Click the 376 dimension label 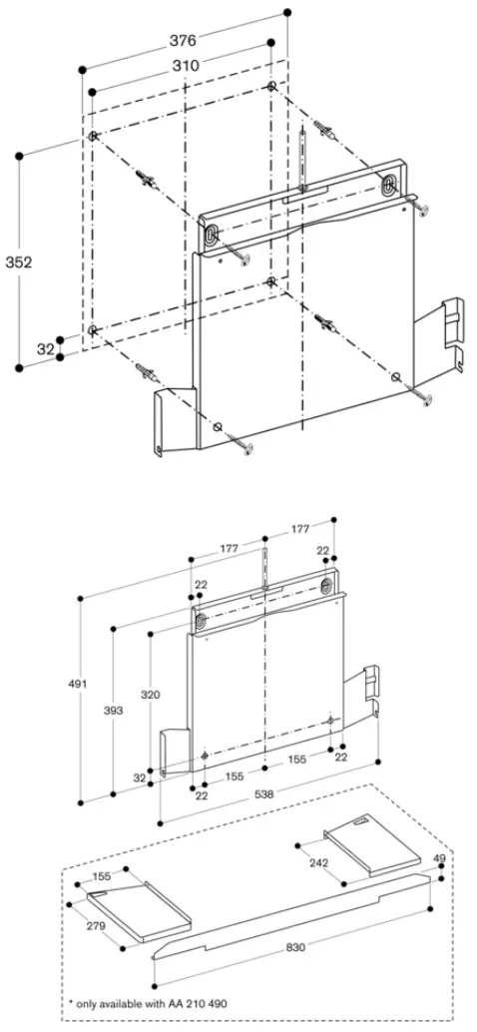pyautogui.click(x=182, y=41)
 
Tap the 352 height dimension pyautogui.click(x=17, y=261)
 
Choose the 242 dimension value pyautogui.click(x=317, y=862)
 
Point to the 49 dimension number pyautogui.click(x=439, y=856)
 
